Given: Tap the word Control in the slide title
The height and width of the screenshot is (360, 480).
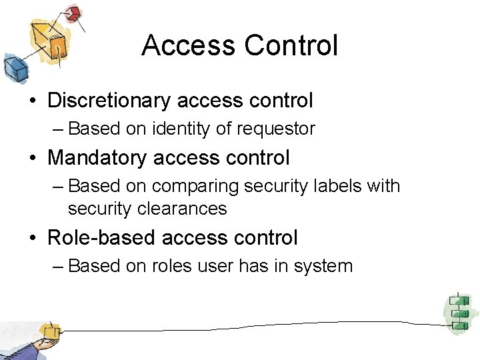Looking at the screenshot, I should coord(291,46).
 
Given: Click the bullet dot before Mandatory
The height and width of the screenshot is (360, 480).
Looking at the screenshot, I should coord(33,159).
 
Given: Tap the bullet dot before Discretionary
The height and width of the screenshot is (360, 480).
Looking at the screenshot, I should coord(33,101).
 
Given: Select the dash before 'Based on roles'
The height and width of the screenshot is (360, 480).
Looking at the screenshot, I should coord(58,267).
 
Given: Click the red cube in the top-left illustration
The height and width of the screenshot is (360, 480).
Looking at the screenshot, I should coord(74,13).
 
